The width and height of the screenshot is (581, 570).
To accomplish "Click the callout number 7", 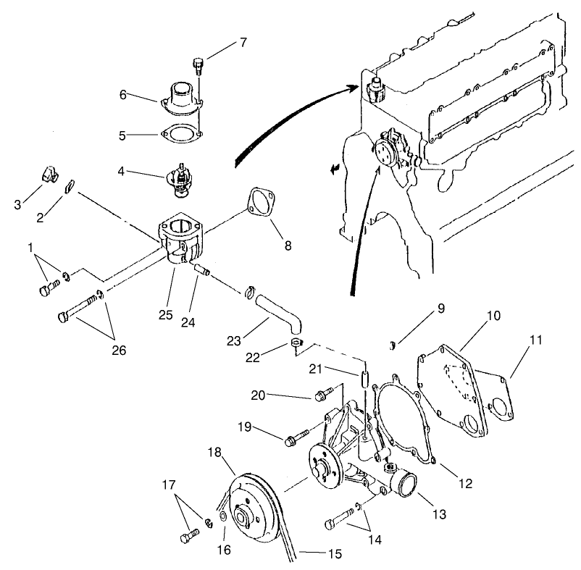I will point(243,42).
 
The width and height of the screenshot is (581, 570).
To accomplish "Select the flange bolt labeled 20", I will point(323,395).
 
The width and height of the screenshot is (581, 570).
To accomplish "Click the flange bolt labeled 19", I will point(296,437).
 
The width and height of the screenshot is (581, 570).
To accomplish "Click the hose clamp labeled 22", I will point(297,343).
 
